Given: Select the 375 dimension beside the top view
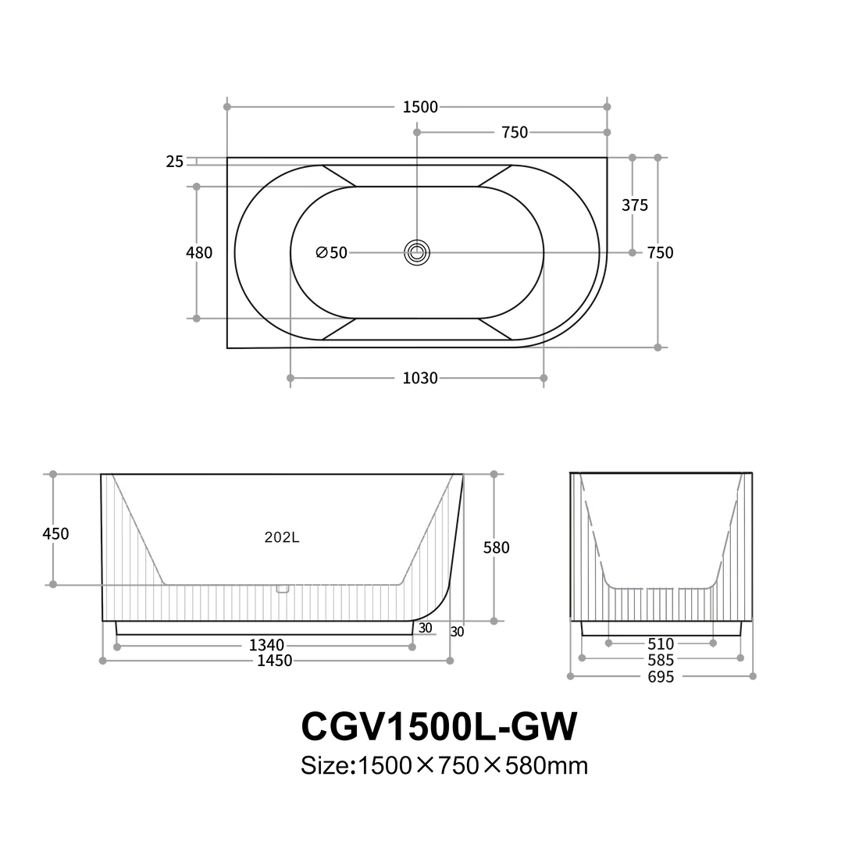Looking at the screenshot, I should point(635,206).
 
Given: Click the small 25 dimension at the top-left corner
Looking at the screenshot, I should point(174,162).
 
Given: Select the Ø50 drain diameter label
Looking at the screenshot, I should point(332,252).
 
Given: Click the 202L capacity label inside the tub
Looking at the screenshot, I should point(279,537).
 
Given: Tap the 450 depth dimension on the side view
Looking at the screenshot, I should point(55,535).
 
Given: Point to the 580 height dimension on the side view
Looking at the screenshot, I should point(497,547).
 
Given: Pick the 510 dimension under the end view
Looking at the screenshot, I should point(660,645).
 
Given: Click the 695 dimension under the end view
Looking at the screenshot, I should point(660,677).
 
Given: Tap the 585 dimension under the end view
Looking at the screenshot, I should point(660,661).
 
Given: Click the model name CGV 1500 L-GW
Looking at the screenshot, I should point(439,727).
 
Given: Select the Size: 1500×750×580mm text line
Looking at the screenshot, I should point(443,766).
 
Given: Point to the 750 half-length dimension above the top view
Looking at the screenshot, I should point(515,134).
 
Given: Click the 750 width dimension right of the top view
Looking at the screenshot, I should point(661,252).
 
